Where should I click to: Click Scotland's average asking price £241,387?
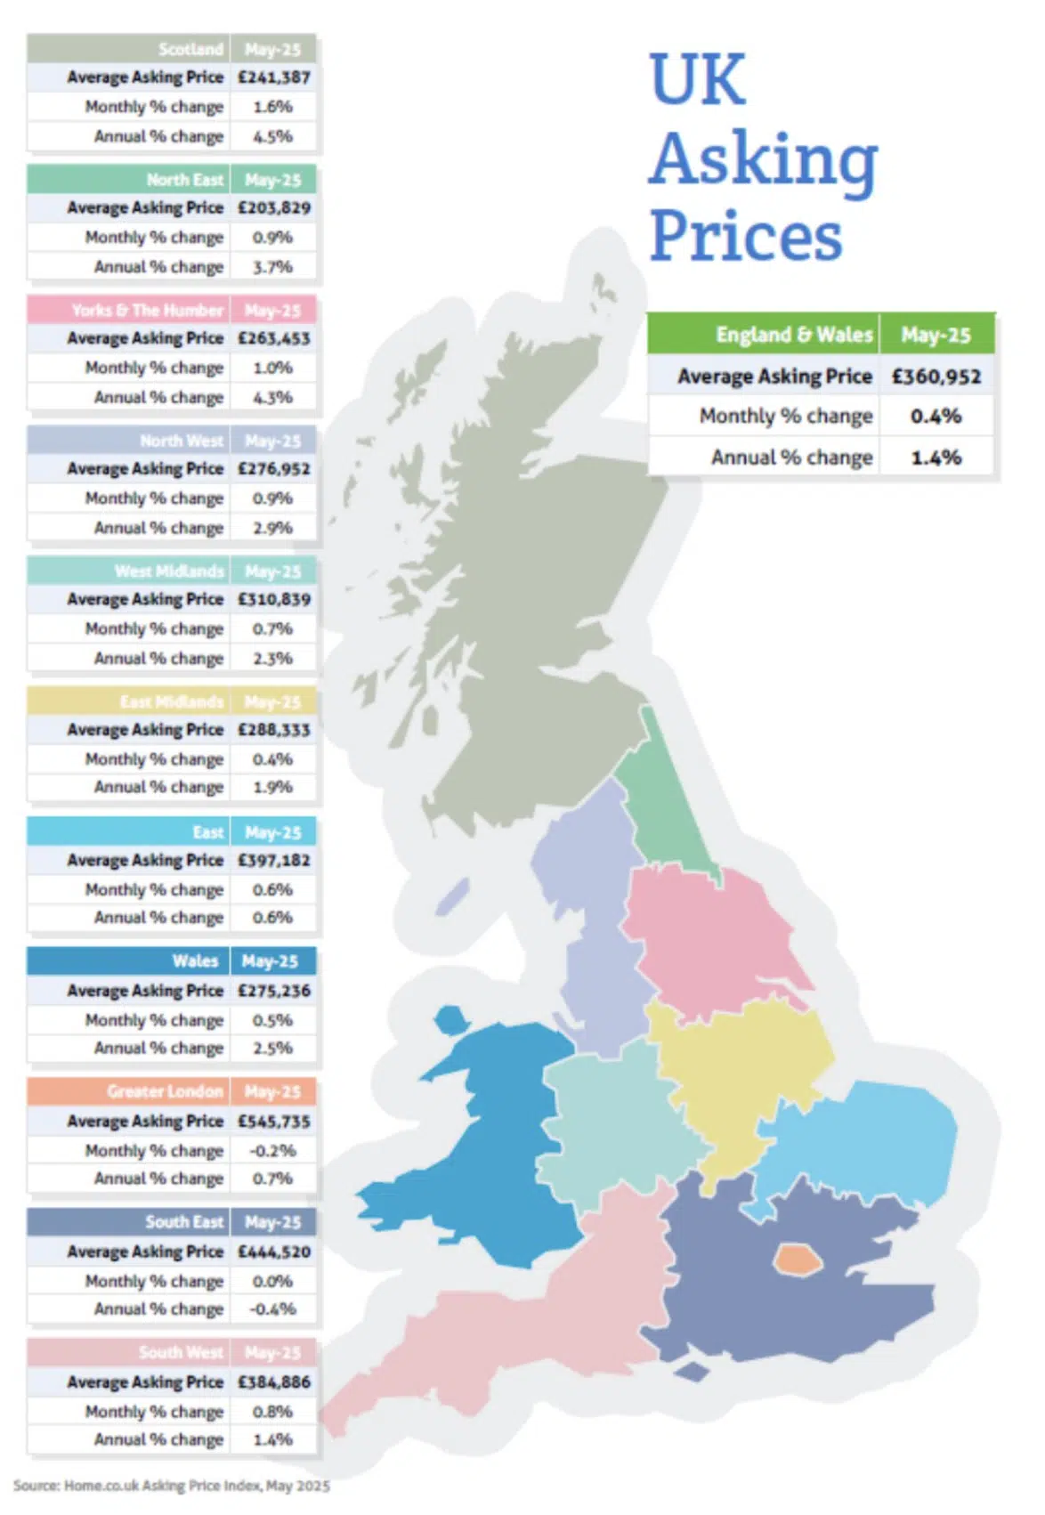point(273,77)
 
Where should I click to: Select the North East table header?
point(185,180)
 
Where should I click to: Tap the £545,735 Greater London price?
point(273,1122)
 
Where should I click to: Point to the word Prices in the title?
point(746,236)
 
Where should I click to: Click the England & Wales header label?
point(794,336)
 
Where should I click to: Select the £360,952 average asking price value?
point(936,377)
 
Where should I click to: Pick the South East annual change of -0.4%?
point(272,1309)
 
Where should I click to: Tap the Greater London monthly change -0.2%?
point(272,1151)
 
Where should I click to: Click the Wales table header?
point(195,961)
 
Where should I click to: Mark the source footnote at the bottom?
point(171,1486)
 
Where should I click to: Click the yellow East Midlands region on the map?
point(739,1068)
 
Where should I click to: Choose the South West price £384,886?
point(273,1382)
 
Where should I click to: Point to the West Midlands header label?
point(169,571)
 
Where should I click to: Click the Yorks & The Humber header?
point(148,311)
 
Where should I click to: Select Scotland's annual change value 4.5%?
point(272,137)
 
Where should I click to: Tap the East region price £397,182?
point(273,861)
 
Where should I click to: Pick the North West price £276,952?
point(273,469)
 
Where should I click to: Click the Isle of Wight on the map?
point(691,1372)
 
